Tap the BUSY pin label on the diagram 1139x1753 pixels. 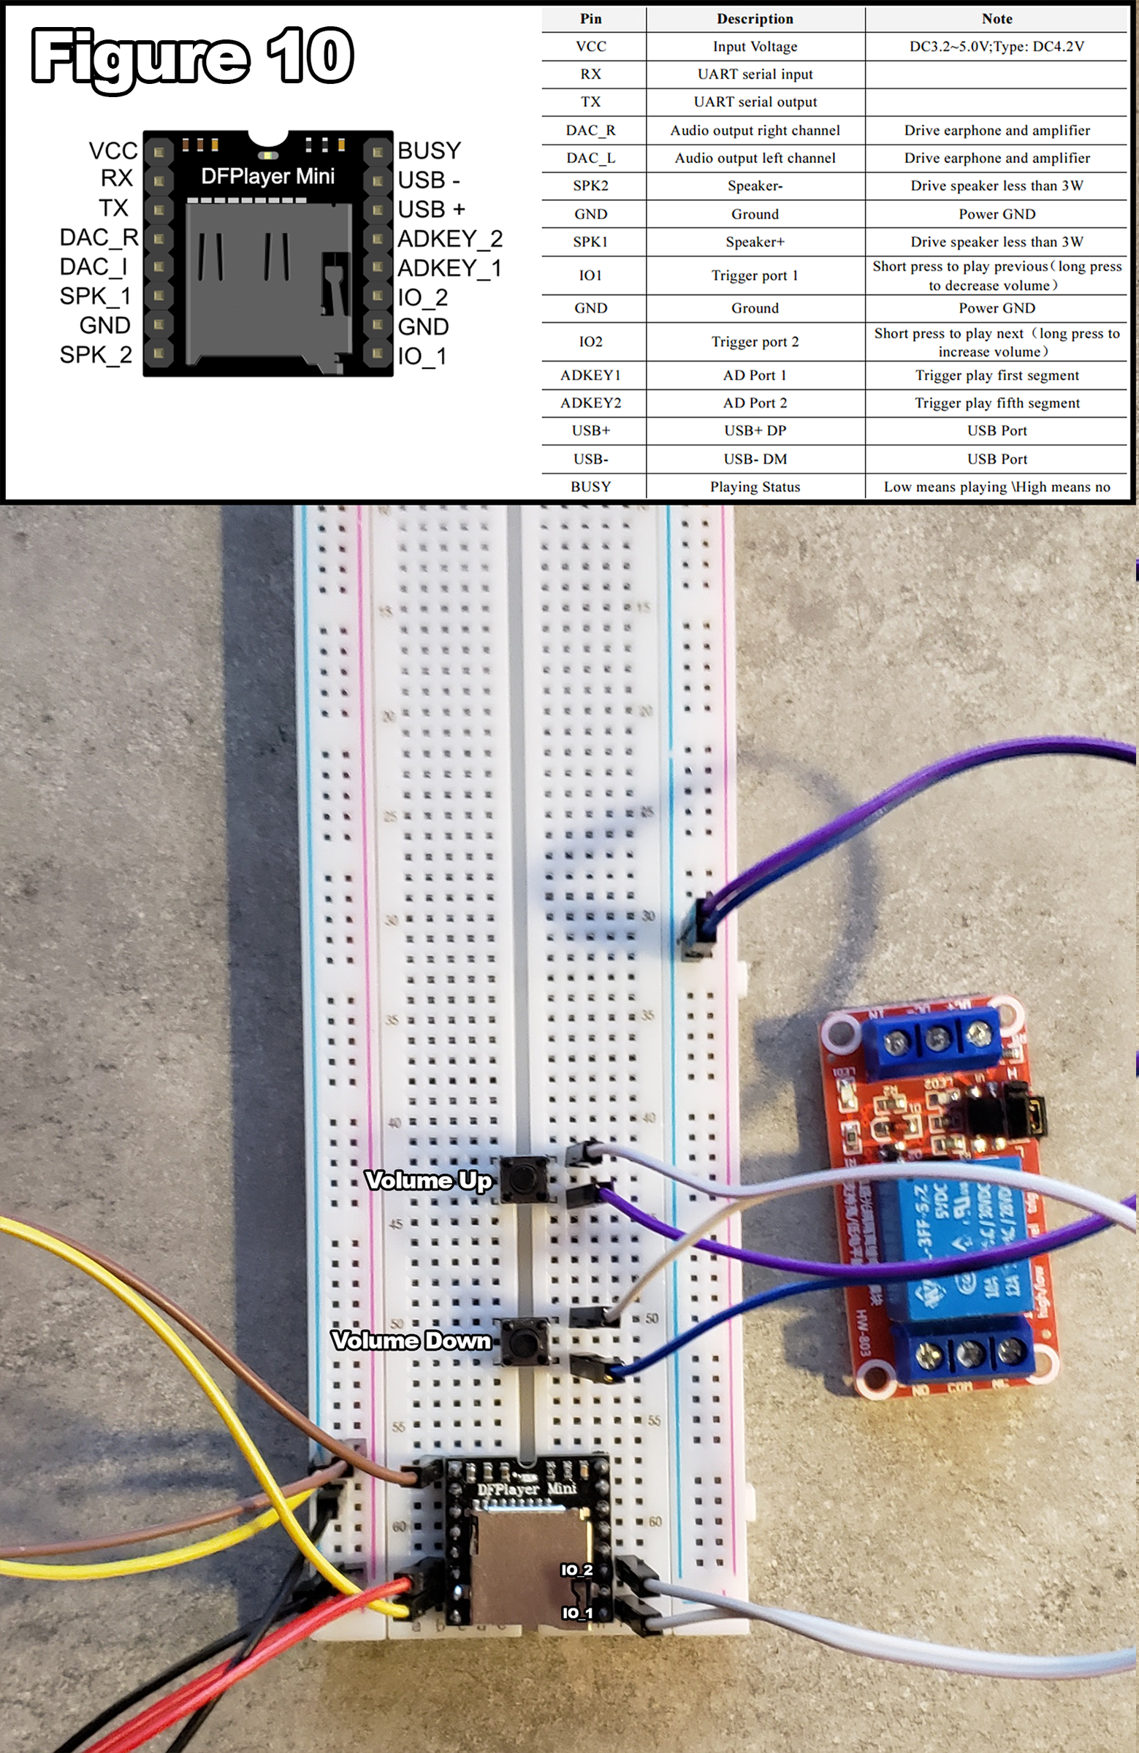[429, 150]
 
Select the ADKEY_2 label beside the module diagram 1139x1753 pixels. [449, 239]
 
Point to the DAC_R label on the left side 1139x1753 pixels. [99, 237]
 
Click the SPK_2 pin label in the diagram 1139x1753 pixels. [96, 355]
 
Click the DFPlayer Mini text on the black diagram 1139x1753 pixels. [267, 176]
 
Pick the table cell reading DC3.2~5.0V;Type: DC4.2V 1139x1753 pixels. [996, 47]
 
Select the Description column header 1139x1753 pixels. [755, 19]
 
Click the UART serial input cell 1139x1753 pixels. [755, 75]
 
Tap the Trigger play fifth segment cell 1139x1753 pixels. [996, 403]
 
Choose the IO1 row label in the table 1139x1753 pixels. [590, 275]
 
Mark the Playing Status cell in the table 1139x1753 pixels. [755, 487]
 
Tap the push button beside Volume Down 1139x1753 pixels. [524, 1340]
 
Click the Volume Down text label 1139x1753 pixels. [411, 1340]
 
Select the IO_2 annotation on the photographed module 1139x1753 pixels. [576, 1570]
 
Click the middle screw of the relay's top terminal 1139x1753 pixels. [937, 1040]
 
